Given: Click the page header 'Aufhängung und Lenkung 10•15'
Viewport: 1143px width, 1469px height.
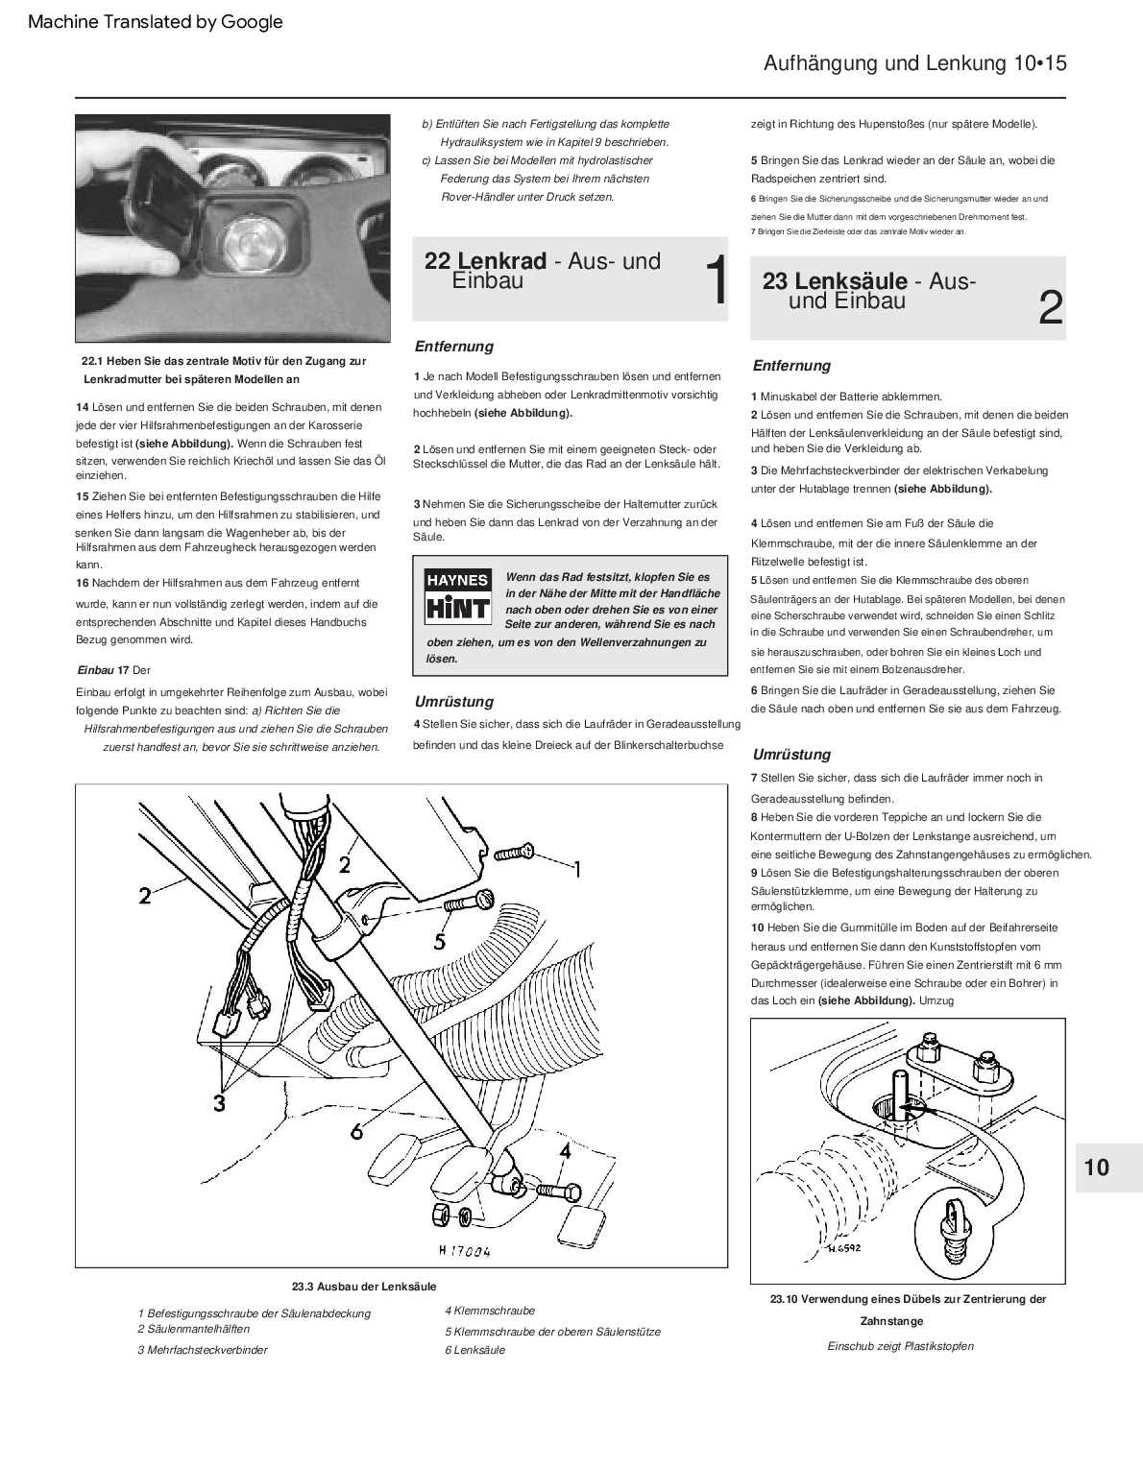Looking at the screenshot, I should [914, 63].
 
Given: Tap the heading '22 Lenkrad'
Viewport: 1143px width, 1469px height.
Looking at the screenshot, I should [486, 261].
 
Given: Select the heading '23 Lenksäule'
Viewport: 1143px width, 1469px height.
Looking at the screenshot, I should [835, 281].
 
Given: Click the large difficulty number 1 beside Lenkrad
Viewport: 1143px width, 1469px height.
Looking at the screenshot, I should [716, 282].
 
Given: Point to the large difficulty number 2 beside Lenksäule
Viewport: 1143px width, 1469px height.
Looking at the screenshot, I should [1051, 309].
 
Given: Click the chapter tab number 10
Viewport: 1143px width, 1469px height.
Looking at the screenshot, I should [1096, 1168].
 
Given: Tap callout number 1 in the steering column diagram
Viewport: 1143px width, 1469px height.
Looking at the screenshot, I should [576, 869].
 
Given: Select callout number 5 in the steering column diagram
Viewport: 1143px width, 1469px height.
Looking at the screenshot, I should [440, 939].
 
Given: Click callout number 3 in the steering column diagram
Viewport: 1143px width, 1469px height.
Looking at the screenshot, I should [219, 1103].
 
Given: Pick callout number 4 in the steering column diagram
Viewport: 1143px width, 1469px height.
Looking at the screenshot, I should [565, 1150].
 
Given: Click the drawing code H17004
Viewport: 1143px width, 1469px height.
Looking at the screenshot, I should [464, 1251].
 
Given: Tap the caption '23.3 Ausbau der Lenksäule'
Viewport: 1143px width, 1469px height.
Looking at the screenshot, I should [357, 1287].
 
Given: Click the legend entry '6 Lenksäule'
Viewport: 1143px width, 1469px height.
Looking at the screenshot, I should [474, 1350].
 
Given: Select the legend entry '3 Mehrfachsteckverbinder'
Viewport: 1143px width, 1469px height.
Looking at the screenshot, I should [203, 1350].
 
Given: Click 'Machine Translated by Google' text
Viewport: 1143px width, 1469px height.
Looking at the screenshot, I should [156, 21].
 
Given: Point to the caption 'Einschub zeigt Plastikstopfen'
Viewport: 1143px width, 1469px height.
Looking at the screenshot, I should [900, 1346].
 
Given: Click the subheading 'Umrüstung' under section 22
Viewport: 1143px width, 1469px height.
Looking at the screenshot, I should [453, 702].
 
